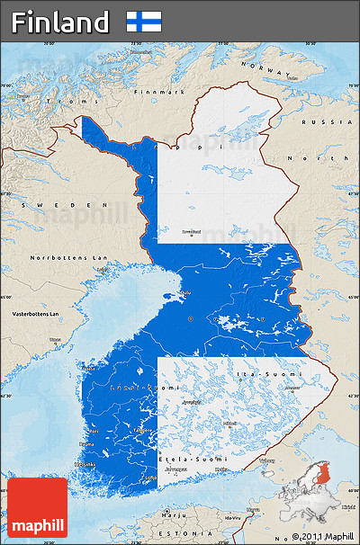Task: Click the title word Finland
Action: [x=61, y=22]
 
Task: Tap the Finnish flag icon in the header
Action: [x=144, y=22]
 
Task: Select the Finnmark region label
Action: [x=158, y=92]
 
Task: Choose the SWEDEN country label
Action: [x=40, y=205]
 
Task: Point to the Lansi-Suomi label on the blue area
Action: [x=130, y=387]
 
